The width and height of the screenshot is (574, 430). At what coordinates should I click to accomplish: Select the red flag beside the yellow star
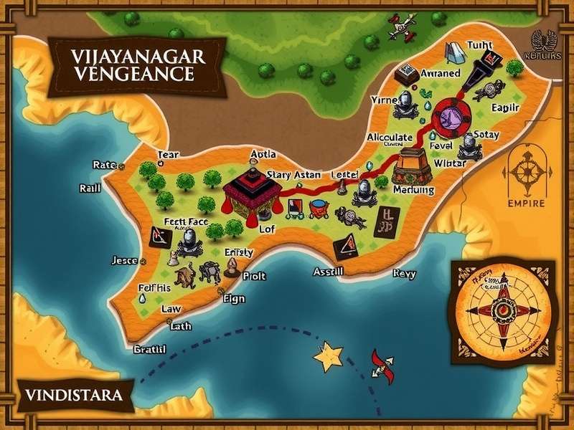[x=380, y=365]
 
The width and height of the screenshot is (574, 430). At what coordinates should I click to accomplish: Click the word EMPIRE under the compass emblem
[x=527, y=203]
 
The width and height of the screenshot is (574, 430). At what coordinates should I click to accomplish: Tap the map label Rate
[x=105, y=166]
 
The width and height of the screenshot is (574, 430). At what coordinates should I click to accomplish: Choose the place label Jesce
[x=126, y=261]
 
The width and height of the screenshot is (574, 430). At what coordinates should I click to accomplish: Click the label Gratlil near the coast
[x=150, y=350]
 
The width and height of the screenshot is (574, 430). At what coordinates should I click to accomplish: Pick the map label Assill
[x=329, y=272]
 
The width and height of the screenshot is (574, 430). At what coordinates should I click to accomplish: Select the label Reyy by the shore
[x=404, y=274]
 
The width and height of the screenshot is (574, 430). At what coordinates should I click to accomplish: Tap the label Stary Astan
[x=293, y=174]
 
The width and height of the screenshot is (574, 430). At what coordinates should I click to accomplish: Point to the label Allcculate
[x=390, y=138]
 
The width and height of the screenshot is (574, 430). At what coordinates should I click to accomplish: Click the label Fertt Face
[x=186, y=222]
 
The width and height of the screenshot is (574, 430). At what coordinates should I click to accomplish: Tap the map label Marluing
[x=414, y=191]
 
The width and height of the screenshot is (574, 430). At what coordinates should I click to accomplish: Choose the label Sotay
[x=486, y=134]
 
